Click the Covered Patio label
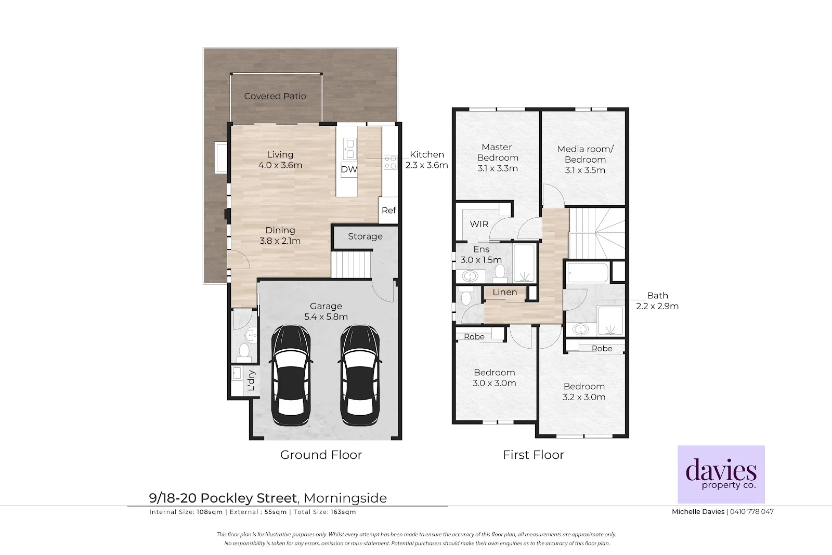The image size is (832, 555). tap(275, 96)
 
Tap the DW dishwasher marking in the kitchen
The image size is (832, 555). tap(349, 169)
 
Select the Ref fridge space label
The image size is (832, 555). tap(389, 210)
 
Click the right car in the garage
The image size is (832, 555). tap(359, 375)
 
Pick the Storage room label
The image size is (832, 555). tap(365, 236)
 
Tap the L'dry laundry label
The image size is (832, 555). tap(251, 380)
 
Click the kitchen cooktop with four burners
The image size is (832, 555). tap(391, 162)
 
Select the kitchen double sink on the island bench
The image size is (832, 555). tap(349, 149)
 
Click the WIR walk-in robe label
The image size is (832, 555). tap(479, 224)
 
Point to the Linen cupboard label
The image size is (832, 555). tap(505, 292)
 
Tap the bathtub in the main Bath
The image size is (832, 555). tap(588, 273)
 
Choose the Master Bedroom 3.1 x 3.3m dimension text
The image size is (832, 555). tap(498, 168)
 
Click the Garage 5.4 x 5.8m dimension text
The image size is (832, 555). tap(326, 316)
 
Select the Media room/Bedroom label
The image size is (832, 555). tap(586, 154)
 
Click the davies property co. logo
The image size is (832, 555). tap(721, 474)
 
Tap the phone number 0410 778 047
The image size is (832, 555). tap(752, 511)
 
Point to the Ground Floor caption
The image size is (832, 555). tap(321, 455)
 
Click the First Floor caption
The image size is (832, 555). tap(534, 455)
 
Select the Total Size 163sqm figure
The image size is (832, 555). tap(343, 512)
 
